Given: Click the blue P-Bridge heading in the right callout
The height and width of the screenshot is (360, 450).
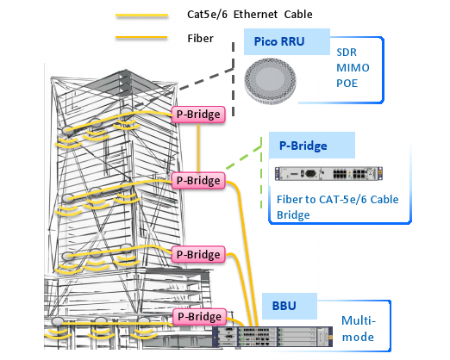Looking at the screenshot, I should [299, 146].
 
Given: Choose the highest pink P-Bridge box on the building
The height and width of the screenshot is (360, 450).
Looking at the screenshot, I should [198, 114].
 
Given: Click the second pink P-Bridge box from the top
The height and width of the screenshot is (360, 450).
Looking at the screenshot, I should [198, 180].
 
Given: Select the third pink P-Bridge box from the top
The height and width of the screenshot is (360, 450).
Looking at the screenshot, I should [198, 254].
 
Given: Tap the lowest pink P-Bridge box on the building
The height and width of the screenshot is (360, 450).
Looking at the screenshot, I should [198, 316].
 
